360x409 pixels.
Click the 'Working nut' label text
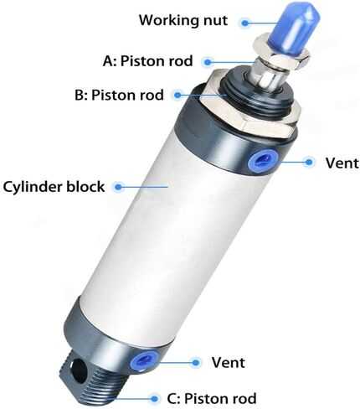[x=183, y=20]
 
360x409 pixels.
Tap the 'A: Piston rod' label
[x=147, y=61]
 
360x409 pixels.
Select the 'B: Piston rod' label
[x=119, y=95]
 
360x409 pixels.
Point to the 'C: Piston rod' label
[x=212, y=398]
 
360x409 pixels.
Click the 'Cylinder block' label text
[x=54, y=186]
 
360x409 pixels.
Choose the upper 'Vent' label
[x=342, y=163]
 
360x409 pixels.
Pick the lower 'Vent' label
[x=228, y=362]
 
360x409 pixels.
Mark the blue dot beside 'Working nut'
[x=244, y=23]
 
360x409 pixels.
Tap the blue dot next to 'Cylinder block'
[x=119, y=187]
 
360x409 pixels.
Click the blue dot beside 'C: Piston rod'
[x=154, y=399]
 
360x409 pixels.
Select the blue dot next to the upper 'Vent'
[x=309, y=162]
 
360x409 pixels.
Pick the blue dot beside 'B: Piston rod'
[x=177, y=95]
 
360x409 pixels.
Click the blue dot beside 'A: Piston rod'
[x=208, y=62]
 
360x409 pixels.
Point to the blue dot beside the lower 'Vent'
[x=196, y=363]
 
